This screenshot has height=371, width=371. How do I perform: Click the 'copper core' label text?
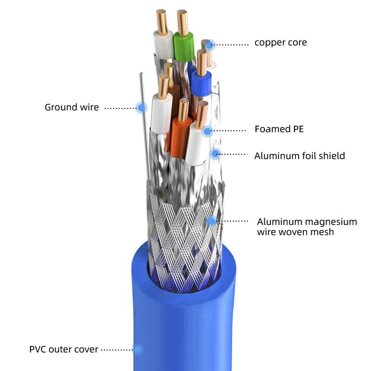coord(281,43)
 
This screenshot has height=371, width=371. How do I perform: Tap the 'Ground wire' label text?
coord(71,108)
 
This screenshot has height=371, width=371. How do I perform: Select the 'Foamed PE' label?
coord(279,129)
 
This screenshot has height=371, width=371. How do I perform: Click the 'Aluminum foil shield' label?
coord(300,156)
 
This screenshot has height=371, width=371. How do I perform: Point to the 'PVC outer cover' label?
coord(64,349)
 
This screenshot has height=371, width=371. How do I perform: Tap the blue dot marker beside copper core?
coord(210,45)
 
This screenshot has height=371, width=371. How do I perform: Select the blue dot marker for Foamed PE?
coord(207,131)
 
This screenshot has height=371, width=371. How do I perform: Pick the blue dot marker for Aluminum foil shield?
coord(215,154)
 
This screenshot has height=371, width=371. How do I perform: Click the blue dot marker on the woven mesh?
coord(211,221)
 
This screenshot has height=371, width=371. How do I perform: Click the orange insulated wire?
coord(181,137)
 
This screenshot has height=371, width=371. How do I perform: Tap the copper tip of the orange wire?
coord(183,108)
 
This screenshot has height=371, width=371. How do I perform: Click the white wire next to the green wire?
coord(162,46)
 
